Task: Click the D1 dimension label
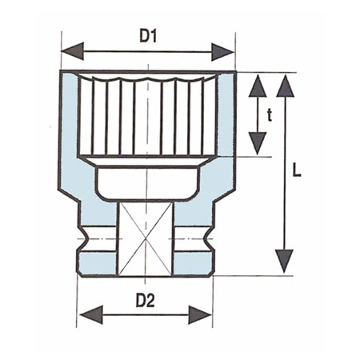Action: point(149,35)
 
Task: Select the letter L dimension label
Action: point(297,171)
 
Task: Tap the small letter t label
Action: point(270,115)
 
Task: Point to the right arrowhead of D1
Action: point(225,51)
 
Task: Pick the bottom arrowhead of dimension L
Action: point(285,262)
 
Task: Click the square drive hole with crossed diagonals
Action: point(146,238)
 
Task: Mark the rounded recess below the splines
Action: point(148,181)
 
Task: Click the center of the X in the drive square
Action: point(146,238)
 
